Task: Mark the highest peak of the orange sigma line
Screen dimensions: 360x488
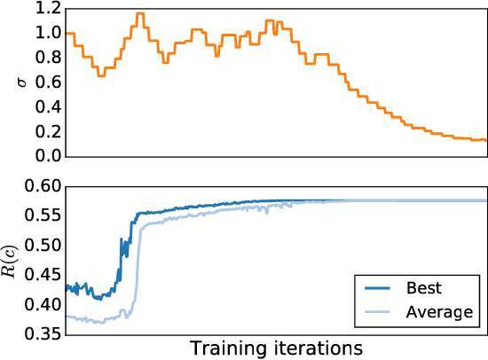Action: [139, 13]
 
